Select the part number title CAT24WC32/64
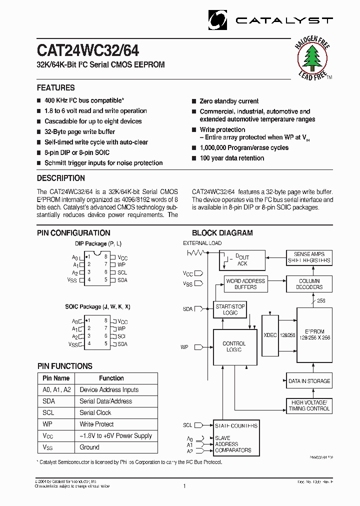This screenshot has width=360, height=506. click(x=88, y=51)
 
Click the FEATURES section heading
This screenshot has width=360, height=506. click(x=56, y=87)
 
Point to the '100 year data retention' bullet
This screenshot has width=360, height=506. click(x=231, y=158)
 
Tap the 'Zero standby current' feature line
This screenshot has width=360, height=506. click(x=229, y=101)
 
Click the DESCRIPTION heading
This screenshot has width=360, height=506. click(x=61, y=178)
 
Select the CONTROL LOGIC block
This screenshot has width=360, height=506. click(x=234, y=346)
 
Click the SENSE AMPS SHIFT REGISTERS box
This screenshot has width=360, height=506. click(x=309, y=257)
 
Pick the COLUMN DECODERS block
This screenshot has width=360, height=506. click(x=309, y=284)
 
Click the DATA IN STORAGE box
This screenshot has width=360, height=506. click(x=309, y=381)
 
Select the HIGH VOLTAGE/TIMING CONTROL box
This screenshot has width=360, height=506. click(x=309, y=405)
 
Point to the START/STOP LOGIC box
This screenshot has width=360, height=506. click(x=230, y=309)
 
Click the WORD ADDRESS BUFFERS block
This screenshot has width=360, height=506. click(x=245, y=284)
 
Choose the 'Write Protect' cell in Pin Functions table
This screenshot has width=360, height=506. click(x=96, y=424)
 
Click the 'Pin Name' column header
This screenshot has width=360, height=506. click(x=56, y=378)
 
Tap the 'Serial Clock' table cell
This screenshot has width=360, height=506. click(x=95, y=412)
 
